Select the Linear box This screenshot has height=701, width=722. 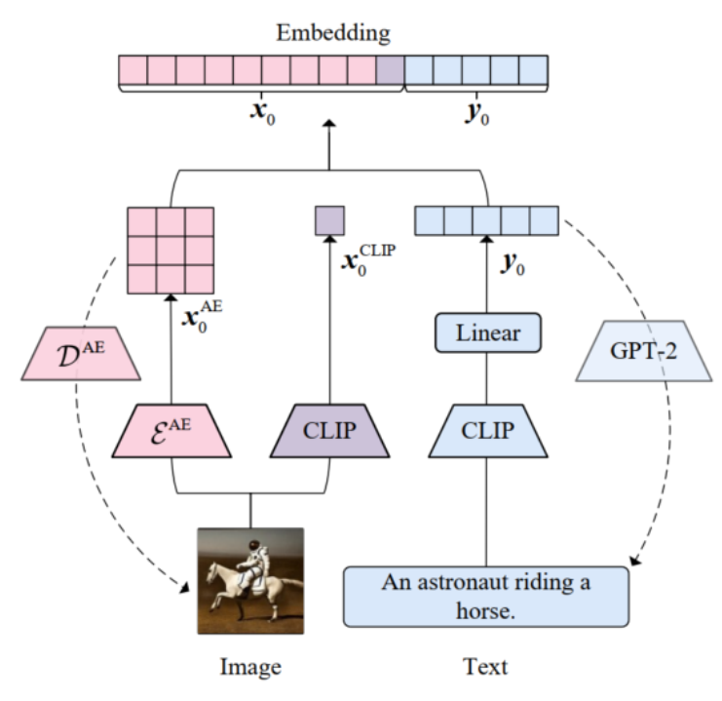485,334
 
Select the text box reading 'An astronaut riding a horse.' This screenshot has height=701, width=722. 486,596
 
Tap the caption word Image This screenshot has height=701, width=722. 249,667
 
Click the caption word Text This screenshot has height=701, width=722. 485,667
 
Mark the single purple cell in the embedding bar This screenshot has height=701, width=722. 390,70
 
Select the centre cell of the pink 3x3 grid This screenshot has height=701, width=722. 171,249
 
